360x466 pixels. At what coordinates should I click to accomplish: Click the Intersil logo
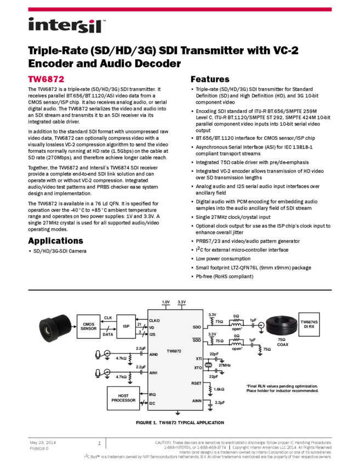coord(67,26)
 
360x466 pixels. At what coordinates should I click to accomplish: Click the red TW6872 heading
coord(47,79)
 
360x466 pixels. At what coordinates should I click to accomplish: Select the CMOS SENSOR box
coord(88,326)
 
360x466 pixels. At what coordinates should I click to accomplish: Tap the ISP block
coord(126,326)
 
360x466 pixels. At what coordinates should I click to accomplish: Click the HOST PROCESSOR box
coord(123,398)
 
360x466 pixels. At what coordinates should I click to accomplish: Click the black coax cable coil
coord(282,328)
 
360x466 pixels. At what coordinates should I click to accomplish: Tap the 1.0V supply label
coord(166,302)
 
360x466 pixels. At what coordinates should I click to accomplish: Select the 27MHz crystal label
coord(225,365)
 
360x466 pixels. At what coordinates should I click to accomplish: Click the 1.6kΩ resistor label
coord(219,389)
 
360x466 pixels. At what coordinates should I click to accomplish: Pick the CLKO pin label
coord(155,320)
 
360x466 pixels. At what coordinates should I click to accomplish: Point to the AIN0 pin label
coord(153,355)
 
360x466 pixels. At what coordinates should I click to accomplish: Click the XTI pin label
coord(199,359)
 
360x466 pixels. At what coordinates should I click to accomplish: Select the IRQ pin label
coord(152,394)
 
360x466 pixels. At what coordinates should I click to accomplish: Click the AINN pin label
coord(197,401)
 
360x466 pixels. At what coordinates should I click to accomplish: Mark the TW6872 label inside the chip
coord(174,350)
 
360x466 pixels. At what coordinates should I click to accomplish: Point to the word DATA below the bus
coord(108,334)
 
